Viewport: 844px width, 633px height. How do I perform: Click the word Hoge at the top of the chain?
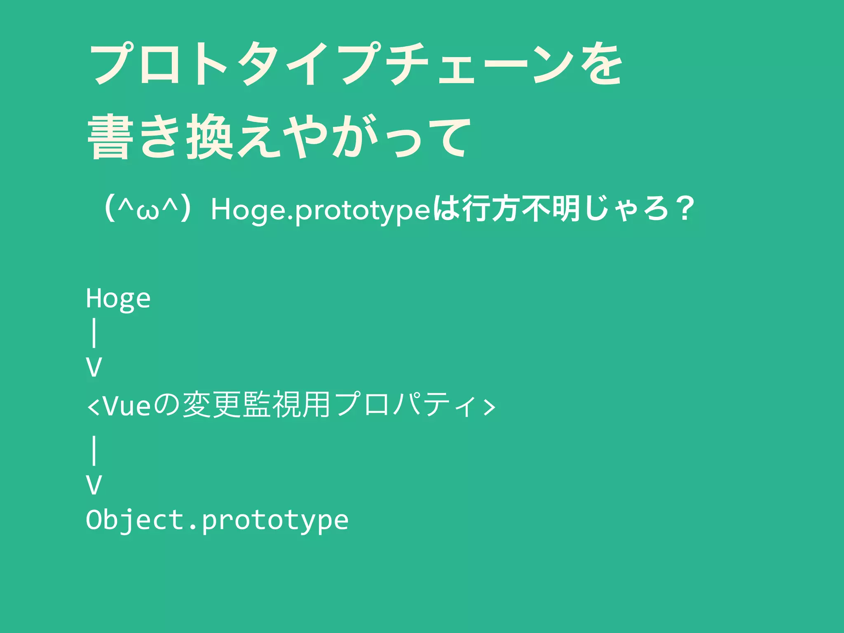point(118,298)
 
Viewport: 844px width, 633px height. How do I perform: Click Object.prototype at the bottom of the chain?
point(217,520)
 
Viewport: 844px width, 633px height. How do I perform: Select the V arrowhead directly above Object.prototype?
point(94,485)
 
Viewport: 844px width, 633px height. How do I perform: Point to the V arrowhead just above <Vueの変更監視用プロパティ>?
point(94,367)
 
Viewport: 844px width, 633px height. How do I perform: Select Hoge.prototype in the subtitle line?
point(321,210)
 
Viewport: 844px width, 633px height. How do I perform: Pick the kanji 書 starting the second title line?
point(110,137)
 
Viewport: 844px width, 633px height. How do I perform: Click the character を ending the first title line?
point(601,64)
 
